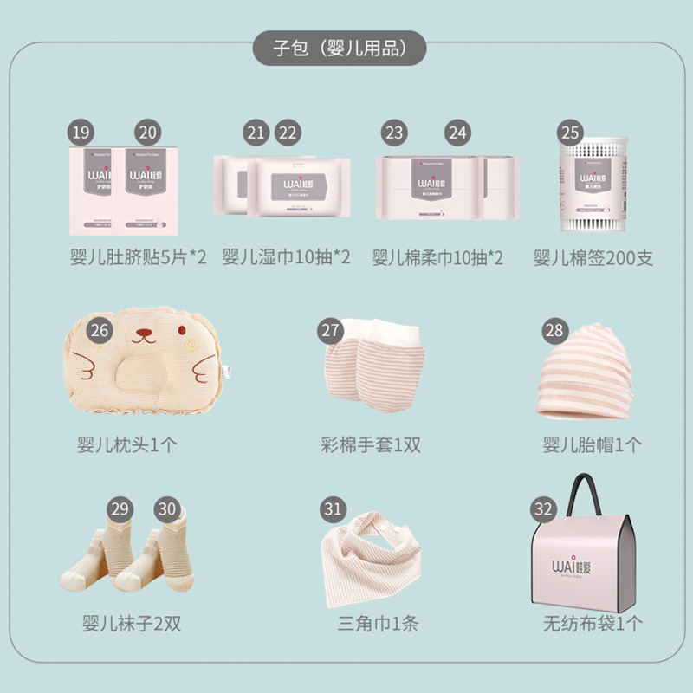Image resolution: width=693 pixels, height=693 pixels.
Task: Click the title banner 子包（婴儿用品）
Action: point(340,48)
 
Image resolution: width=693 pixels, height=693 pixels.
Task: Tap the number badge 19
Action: point(81,133)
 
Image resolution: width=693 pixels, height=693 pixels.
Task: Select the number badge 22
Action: point(287,133)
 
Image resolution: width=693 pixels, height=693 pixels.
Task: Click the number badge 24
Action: point(457,133)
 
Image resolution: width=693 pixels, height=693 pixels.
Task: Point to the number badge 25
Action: point(569,133)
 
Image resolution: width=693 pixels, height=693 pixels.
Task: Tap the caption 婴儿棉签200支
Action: point(593,258)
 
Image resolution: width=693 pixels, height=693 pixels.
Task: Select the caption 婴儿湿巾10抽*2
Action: point(287,258)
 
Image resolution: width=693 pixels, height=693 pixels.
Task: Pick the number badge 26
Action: point(100,330)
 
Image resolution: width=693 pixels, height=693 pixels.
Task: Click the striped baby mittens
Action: point(371,364)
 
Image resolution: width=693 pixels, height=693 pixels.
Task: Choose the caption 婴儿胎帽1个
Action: point(593,445)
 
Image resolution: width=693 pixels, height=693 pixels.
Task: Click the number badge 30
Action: point(167,508)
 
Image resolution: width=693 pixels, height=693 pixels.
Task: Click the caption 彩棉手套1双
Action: point(371,445)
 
